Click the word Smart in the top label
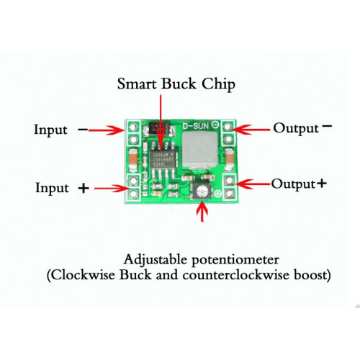point(137,84)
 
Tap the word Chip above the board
point(218,84)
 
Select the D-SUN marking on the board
point(196,125)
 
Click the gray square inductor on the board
point(199,149)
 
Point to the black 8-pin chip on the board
point(163,160)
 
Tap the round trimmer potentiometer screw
point(202,192)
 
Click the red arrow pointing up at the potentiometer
point(202,212)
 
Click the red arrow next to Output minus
point(251,130)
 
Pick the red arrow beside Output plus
point(253,184)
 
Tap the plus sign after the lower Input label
point(84,188)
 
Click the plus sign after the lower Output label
point(322,184)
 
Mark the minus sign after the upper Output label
point(327,125)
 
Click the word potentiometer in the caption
point(235,260)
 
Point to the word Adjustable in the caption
point(155,261)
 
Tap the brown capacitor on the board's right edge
point(230,159)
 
